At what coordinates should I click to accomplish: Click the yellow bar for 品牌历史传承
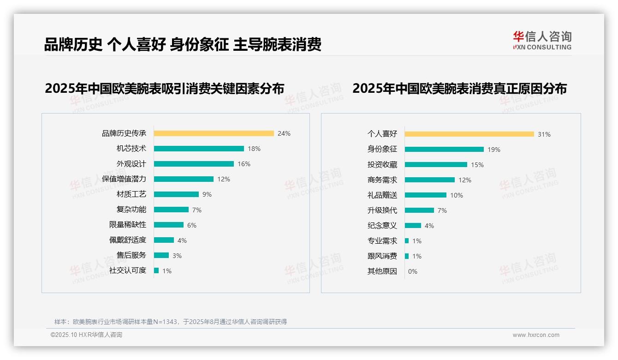point(214,133)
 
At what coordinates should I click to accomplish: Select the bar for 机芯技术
point(199,149)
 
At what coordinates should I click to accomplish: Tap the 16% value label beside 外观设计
point(244,164)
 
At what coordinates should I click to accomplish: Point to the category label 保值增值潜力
point(124,179)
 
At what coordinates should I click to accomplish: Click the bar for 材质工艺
point(176,194)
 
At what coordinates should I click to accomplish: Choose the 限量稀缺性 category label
point(127,225)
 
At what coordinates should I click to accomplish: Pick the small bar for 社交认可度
point(156,270)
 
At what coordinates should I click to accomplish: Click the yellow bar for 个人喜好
point(469,134)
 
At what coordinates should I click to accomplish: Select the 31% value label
point(544,134)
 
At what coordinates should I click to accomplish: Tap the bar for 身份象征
point(444,150)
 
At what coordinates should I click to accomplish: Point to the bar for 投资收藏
point(436,165)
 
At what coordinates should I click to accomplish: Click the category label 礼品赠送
point(382,195)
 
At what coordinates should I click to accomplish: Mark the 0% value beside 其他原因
point(412,271)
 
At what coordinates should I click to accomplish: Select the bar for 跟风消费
point(407,256)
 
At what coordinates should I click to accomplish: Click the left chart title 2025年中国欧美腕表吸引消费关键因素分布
point(164,88)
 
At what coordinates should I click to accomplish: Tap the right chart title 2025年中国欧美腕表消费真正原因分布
point(459,88)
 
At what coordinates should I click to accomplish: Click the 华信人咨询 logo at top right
point(542,40)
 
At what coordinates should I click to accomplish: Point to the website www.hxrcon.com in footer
point(535,335)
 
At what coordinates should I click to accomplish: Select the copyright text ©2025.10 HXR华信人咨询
point(86,335)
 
